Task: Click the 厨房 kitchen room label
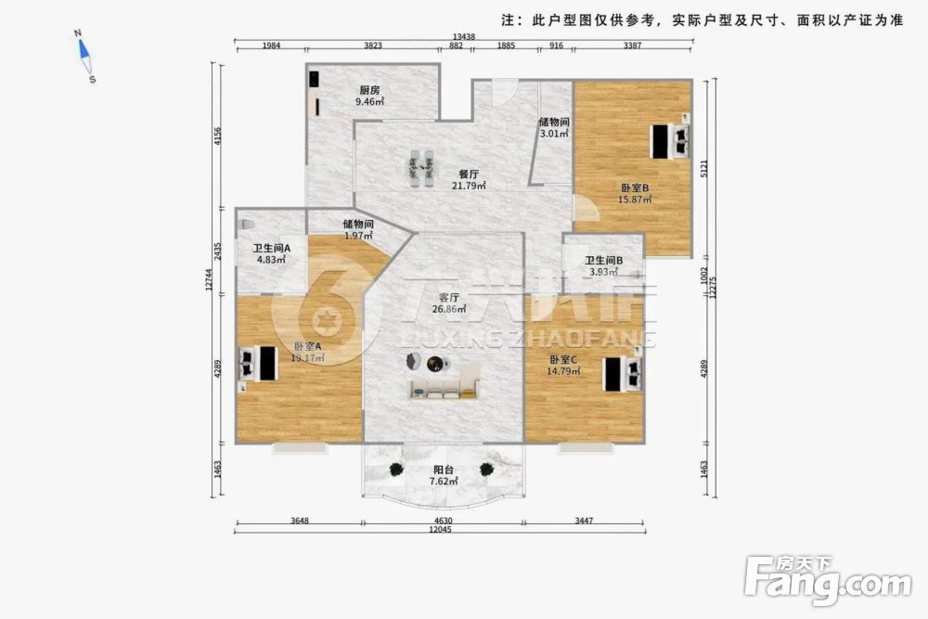(x=369, y=90)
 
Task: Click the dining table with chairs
(x=422, y=168)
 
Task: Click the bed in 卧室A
(x=256, y=363)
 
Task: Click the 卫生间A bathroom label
(x=272, y=249)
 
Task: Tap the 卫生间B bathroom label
(x=602, y=261)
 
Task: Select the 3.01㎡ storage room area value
(x=553, y=133)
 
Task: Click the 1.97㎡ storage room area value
(x=358, y=235)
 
